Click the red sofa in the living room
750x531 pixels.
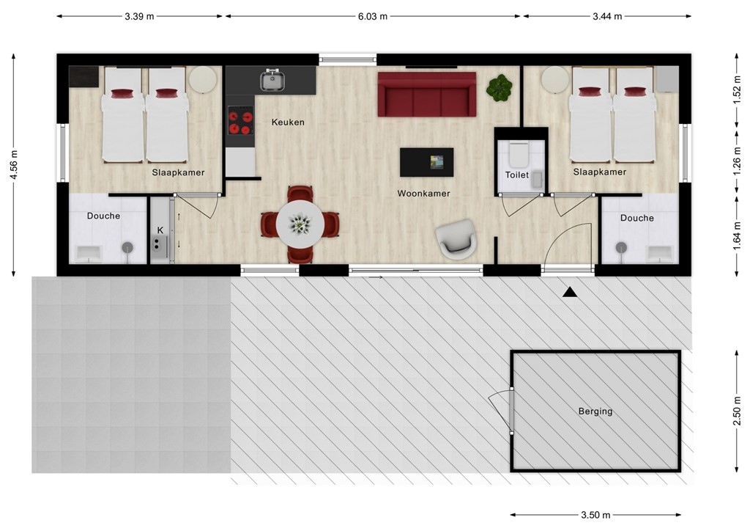coord(427,95)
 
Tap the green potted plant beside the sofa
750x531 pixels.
coord(500,88)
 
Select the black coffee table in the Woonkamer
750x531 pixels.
coord(426,162)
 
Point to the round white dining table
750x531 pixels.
coord(300,224)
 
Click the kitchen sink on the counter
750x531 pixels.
coord(272,80)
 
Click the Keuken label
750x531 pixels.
coord(288,122)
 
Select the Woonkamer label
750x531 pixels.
coord(423,194)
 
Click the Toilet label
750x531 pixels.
coord(516,175)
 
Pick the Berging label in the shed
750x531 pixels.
coord(595,411)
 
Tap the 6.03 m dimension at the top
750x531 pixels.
coord(373,16)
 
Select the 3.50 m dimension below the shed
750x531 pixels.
coord(595,515)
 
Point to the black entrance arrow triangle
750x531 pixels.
coord(570,293)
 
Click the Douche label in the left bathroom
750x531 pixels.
coord(103,216)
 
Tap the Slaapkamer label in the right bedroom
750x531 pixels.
coord(599,172)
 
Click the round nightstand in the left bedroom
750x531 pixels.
coord(202,79)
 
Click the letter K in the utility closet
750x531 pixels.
coord(160,230)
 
